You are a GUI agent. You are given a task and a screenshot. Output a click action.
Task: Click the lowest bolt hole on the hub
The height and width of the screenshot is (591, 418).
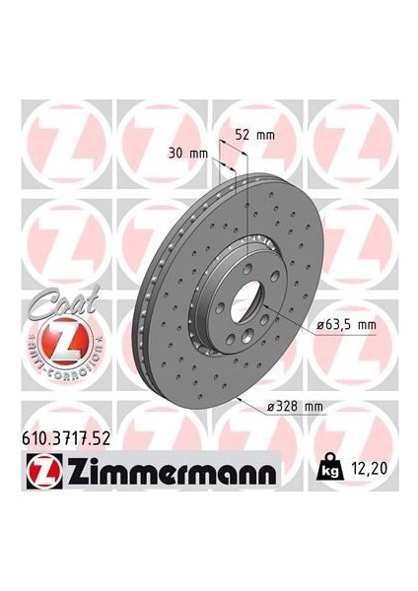click(234, 340)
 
